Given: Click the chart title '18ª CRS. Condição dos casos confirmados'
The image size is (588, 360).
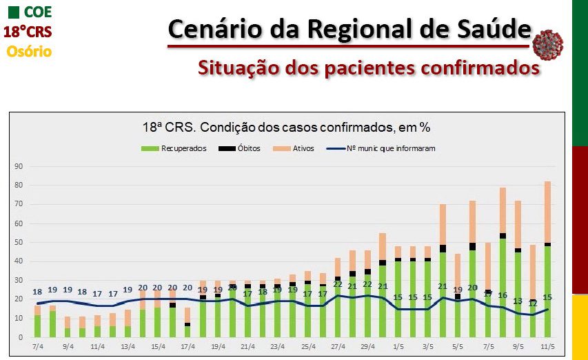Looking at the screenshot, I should coord(286,127).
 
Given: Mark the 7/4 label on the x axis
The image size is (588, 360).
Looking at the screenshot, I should coord(37,347).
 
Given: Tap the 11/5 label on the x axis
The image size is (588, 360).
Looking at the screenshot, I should coord(547,347).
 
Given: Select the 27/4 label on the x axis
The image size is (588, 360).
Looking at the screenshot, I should coord(337,347).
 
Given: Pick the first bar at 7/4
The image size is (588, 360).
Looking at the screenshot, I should coord(37,324).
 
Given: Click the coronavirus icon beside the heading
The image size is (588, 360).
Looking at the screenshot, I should coord(548,44).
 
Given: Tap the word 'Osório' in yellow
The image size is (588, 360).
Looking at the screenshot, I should coord(29,51).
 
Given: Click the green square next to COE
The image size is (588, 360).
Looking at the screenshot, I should coord(13,12).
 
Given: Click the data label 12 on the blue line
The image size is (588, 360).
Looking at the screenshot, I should coord(533,303).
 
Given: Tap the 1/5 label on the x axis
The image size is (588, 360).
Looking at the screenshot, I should coord(397,347).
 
